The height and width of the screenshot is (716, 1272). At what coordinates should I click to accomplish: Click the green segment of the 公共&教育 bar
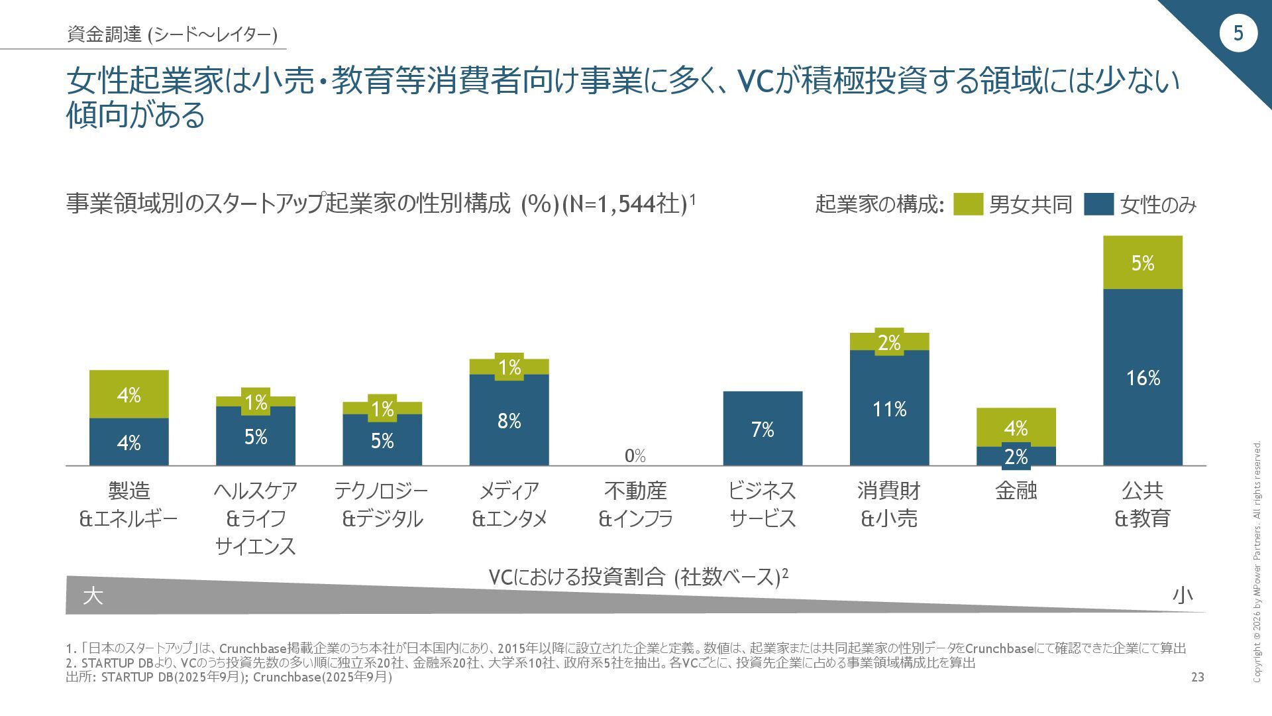click(1142, 263)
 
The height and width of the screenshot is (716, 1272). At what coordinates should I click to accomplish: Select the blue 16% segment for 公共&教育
click(1142, 377)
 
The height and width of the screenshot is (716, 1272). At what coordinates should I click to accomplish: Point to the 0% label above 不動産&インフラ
click(635, 455)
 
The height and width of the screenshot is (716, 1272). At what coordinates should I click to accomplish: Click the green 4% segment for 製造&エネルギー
click(129, 394)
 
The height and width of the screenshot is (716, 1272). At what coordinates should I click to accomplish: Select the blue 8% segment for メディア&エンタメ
click(509, 420)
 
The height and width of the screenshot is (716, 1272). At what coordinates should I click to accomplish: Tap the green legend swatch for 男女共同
click(967, 204)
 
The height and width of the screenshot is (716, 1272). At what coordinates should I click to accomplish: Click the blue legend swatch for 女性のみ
click(1098, 204)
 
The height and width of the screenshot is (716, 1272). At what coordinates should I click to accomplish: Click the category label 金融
click(1016, 491)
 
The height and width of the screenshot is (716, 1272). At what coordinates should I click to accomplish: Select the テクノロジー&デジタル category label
click(382, 505)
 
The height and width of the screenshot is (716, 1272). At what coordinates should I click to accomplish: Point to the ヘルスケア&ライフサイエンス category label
click(256, 518)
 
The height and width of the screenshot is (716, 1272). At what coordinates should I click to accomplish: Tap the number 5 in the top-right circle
click(1238, 33)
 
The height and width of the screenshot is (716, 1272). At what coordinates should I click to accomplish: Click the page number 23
click(1197, 677)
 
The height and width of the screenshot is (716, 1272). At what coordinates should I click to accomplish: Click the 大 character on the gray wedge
click(93, 595)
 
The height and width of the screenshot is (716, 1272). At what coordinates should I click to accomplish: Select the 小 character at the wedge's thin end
click(1183, 595)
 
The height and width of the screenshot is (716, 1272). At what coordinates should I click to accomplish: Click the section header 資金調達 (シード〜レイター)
click(172, 34)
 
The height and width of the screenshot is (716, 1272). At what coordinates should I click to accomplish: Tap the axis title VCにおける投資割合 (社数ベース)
click(638, 577)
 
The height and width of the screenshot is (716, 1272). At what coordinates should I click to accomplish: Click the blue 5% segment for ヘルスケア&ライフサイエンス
click(256, 436)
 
